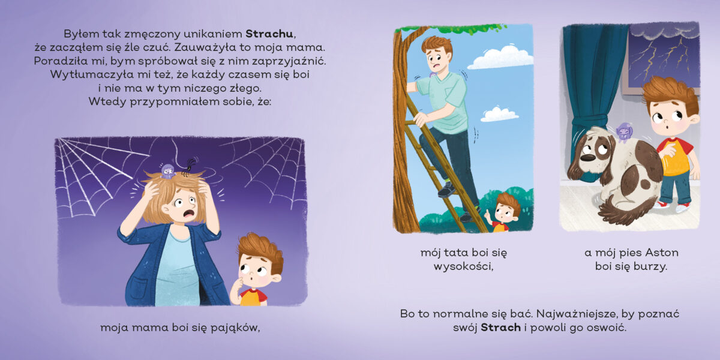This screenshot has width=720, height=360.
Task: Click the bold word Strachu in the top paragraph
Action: [x=269, y=34]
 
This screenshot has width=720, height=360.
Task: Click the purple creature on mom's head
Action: [x=167, y=172]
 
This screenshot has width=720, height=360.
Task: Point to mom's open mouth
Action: [x=188, y=214]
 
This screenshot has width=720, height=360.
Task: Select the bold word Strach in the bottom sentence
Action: [x=500, y=328]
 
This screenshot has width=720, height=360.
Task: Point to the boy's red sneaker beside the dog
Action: [x=662, y=205]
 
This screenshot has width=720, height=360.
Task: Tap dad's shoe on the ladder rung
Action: [x=447, y=190]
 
